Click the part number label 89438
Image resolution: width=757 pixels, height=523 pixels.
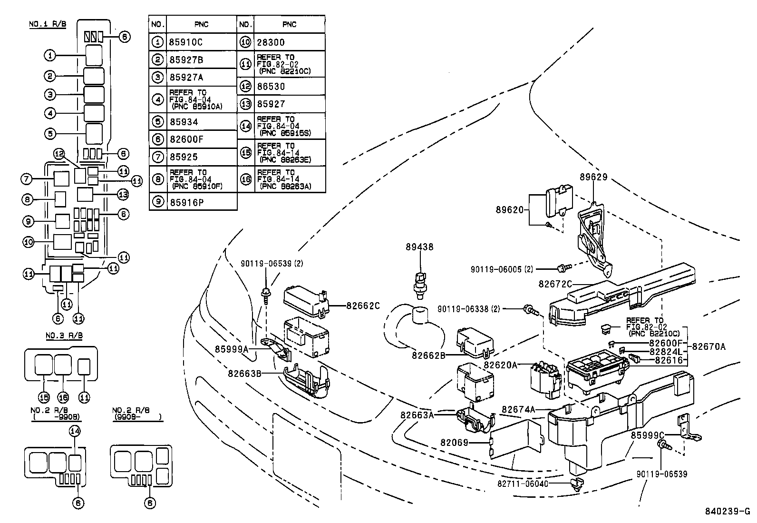[x=419, y=247]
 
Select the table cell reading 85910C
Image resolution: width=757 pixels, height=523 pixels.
[x=201, y=42]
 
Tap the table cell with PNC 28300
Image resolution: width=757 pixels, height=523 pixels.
[x=289, y=42]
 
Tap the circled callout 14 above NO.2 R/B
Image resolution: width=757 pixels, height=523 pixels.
[x=76, y=431]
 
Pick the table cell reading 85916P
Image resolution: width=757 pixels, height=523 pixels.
[x=201, y=202]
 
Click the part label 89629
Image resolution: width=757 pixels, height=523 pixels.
[x=593, y=177]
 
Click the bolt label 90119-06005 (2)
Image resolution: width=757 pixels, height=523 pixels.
[x=502, y=269]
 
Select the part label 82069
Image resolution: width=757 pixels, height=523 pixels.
[x=454, y=443]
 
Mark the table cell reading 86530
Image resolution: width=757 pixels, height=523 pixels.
[x=289, y=87]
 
